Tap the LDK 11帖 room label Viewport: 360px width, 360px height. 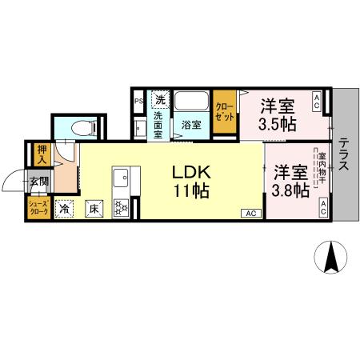click(190, 181)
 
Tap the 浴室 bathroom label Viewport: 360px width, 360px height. click(190, 124)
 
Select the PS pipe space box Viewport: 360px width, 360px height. click(138, 101)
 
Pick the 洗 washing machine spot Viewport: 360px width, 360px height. click(160, 100)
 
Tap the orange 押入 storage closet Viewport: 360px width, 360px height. click(42, 154)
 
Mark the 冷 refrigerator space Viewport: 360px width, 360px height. click(64, 210)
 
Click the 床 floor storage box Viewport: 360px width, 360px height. click(94, 210)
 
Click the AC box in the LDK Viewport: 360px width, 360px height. click(250, 213)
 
